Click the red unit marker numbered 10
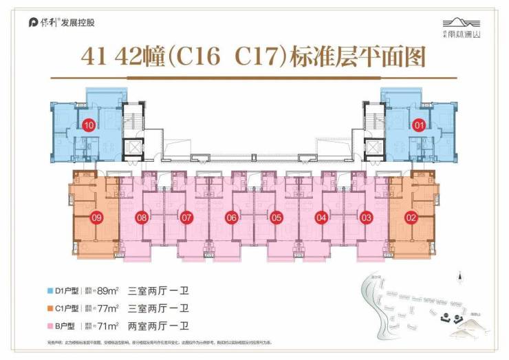pyautogui.click(x=89, y=125)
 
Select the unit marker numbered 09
pyautogui.click(x=96, y=218)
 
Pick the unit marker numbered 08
pyautogui.click(x=142, y=218)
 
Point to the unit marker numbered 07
pyautogui.click(x=186, y=218)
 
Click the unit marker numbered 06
pyautogui.click(x=231, y=218)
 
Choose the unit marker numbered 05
pyautogui.click(x=277, y=218)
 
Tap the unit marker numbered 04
pyautogui.click(x=321, y=218)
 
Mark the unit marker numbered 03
pyautogui.click(x=366, y=218)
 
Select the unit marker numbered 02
pyautogui.click(x=411, y=218)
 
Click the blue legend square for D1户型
pyautogui.click(x=43, y=290)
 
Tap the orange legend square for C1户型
pyautogui.click(x=43, y=308)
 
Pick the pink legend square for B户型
pyautogui.click(x=43, y=324)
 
